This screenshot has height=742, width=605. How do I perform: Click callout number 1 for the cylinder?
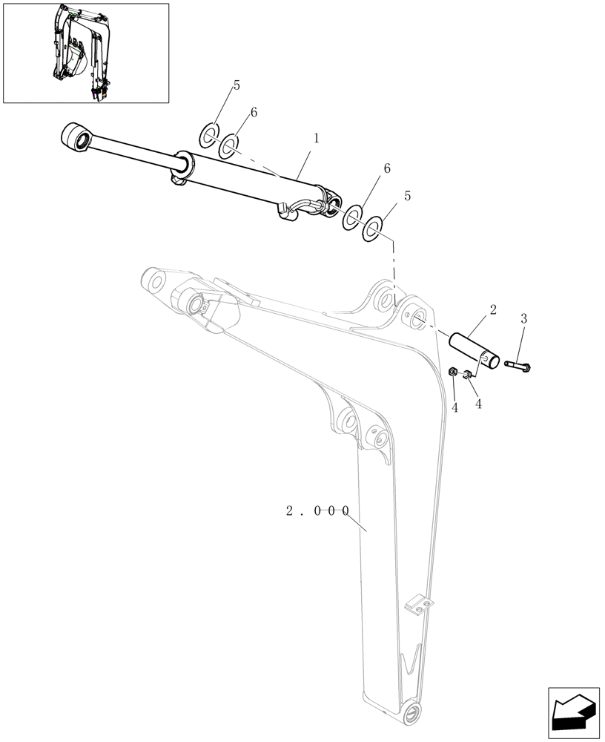(317, 138)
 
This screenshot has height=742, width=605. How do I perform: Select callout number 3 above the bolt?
(523, 319)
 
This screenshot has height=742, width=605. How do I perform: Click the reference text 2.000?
(317, 511)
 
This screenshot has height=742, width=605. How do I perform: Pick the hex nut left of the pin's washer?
(454, 371)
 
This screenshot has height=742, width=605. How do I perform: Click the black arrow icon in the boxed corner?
(572, 713)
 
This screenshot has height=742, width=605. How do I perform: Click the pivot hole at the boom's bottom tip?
(407, 718)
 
